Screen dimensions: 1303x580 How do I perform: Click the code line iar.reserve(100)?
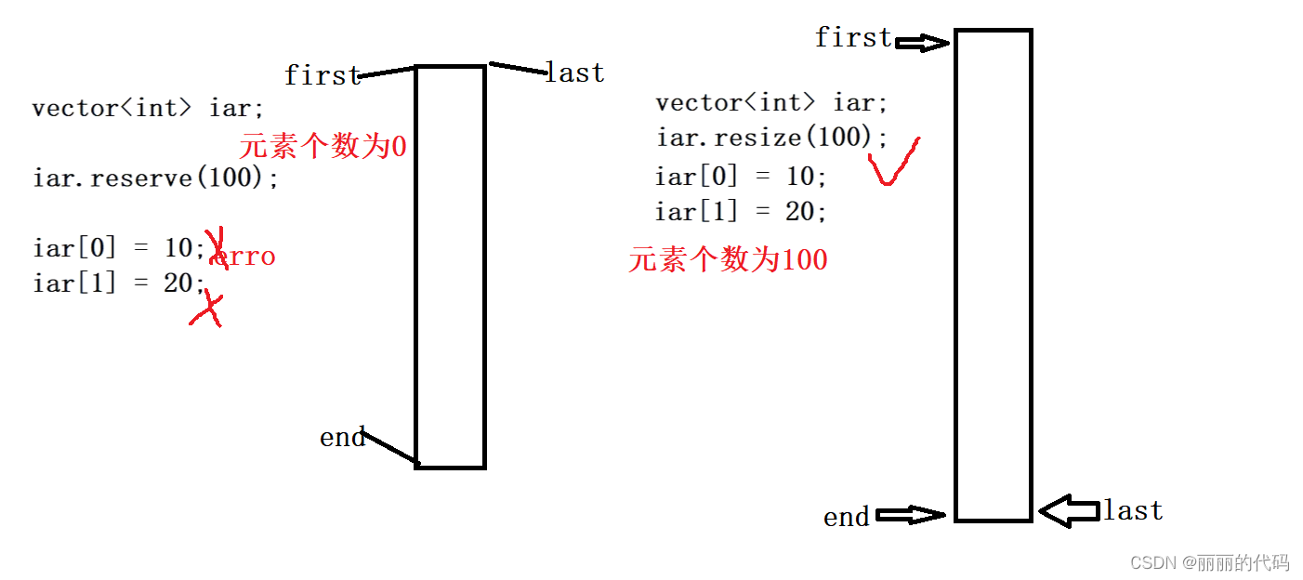pyautogui.click(x=155, y=178)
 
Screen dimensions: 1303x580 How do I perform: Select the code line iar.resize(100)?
pyautogui.click(x=771, y=138)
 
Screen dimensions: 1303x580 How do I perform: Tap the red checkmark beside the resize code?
pyautogui.click(x=892, y=163)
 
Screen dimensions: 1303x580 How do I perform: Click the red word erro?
pyautogui.click(x=243, y=257)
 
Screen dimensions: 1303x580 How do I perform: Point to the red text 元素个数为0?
pyautogui.click(x=322, y=146)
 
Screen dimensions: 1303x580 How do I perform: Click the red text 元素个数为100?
pyautogui.click(x=728, y=259)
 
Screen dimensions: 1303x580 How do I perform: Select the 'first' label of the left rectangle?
pyautogui.click(x=322, y=75)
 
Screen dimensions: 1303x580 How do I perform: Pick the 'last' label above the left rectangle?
pyautogui.click(x=574, y=72)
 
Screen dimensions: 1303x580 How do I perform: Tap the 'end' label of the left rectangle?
pyautogui.click(x=342, y=438)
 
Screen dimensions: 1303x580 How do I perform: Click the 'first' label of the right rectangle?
pyautogui.click(x=852, y=38)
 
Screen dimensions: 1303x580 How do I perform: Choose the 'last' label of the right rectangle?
pyautogui.click(x=1132, y=510)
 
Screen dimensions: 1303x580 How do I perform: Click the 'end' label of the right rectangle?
pyautogui.click(x=847, y=518)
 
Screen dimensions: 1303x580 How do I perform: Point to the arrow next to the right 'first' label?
pyautogui.click(x=923, y=43)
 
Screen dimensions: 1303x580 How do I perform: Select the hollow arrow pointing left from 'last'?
pyautogui.click(x=1069, y=510)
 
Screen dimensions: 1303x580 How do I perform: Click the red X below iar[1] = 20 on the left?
pyautogui.click(x=207, y=309)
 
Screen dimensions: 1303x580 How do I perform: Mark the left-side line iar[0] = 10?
pyautogui.click(x=118, y=248)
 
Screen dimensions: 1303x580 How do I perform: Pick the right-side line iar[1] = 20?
pyautogui.click(x=741, y=212)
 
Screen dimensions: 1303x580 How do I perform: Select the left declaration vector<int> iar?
pyautogui.click(x=141, y=108)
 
